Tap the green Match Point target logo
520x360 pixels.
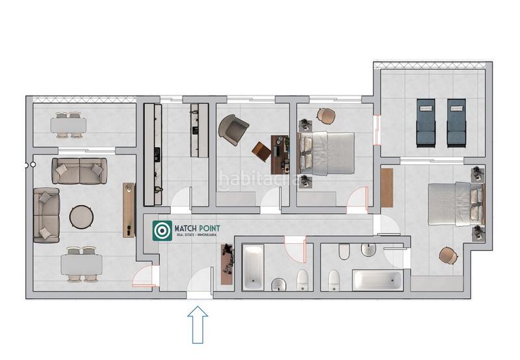click(162, 231)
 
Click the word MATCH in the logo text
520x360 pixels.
click(185, 229)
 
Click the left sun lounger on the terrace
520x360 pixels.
click(425, 122)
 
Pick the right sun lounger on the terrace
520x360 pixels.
click(456, 122)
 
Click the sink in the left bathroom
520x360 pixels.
click(278, 283)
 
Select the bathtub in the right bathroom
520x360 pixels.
click(378, 281)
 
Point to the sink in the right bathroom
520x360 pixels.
click(368, 250)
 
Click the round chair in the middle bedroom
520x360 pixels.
click(326, 116)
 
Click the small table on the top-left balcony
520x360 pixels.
click(69, 123)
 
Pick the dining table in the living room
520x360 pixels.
click(81, 264)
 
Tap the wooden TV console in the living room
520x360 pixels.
click(128, 209)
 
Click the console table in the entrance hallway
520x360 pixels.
click(226, 264)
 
